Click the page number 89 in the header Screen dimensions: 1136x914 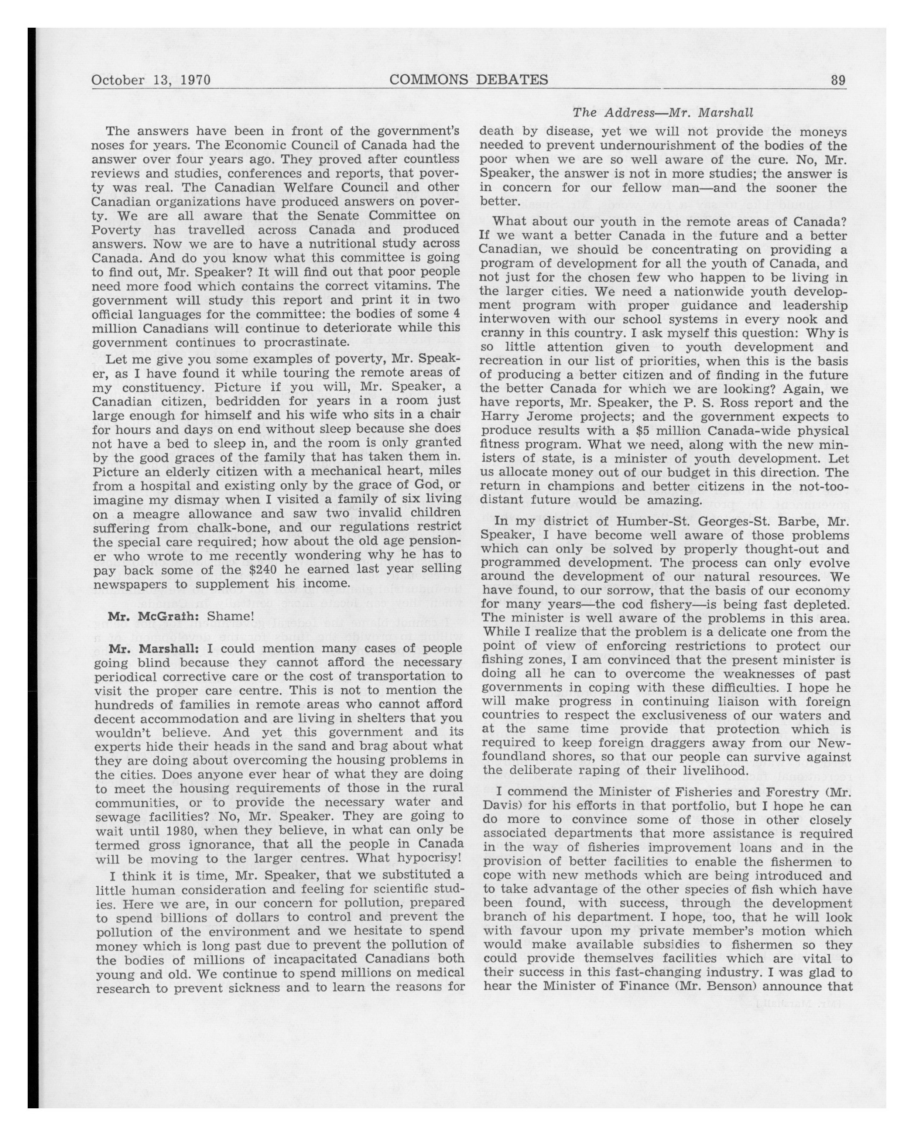[838, 80]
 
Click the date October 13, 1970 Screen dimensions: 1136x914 [151, 80]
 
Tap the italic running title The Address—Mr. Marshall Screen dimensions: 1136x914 [663, 112]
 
